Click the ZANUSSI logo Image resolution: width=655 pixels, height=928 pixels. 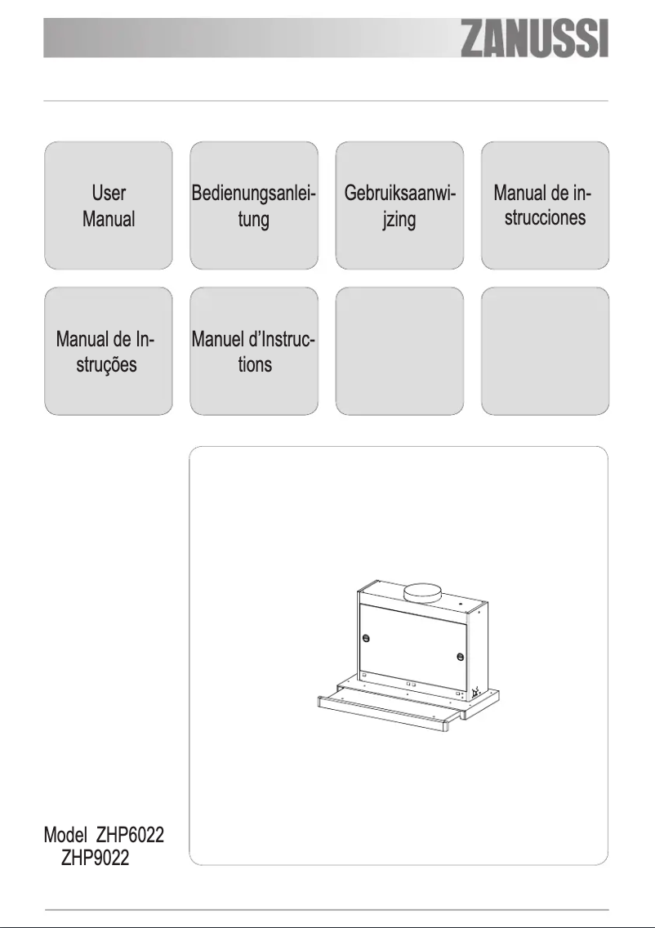pos(535,40)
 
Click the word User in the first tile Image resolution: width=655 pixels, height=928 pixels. pos(108,194)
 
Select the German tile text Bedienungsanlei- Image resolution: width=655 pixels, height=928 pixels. pos(254,194)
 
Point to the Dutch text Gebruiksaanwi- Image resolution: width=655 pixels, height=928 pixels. pos(399,194)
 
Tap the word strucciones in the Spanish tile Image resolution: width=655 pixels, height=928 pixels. pos(545,218)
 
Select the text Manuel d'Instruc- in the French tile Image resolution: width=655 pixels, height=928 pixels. pos(254,338)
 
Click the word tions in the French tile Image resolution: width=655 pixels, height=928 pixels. pos(255,364)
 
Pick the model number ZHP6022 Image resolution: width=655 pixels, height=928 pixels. pos(135,836)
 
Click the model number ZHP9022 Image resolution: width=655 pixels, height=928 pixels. pos(95,860)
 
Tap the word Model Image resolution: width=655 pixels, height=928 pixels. pos(66,836)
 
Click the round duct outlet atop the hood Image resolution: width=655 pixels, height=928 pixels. pos(428,591)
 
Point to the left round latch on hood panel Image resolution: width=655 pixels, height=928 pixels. pos(366,638)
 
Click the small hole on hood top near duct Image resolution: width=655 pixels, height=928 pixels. pos(461,606)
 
